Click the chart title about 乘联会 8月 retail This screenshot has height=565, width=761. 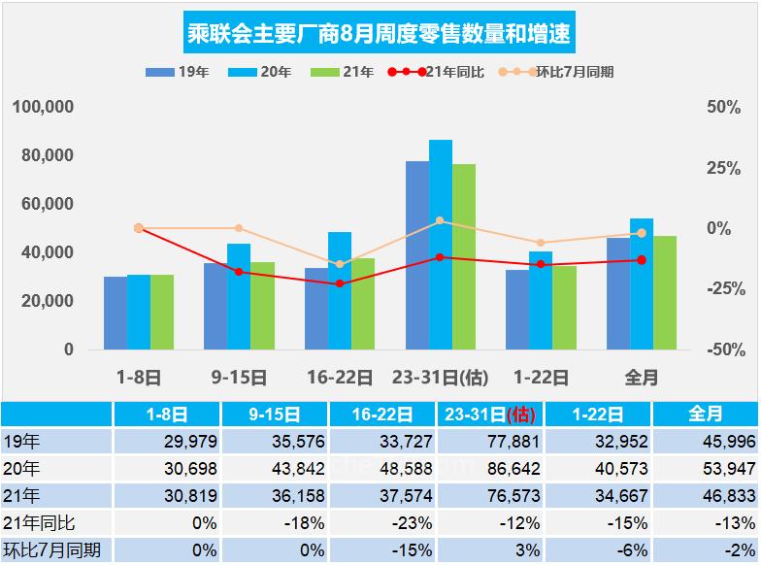(x=380, y=35)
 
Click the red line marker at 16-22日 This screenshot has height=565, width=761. (x=340, y=283)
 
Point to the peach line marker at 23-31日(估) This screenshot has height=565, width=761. (x=441, y=221)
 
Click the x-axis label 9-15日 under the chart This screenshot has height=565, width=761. (x=239, y=377)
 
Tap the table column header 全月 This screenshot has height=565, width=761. (x=706, y=415)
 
